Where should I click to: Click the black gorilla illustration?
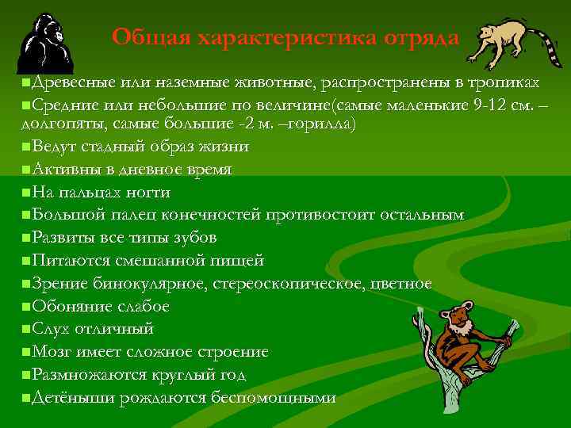coord(45,44)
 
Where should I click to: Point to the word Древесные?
coord(67,82)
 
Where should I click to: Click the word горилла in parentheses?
coord(324,124)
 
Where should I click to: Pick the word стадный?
coord(114,147)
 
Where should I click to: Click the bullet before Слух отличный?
coord(27,329)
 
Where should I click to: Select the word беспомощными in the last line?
coord(274,397)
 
